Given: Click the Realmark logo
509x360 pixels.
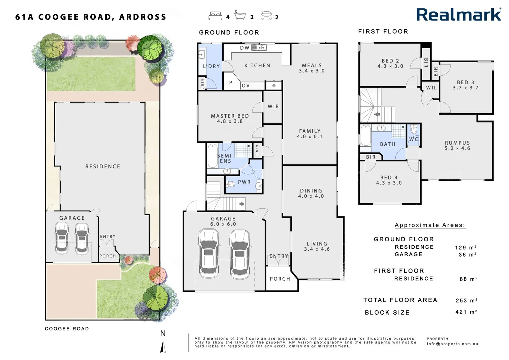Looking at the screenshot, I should coord(458,15).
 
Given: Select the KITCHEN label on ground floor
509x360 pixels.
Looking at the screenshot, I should coord(257,66).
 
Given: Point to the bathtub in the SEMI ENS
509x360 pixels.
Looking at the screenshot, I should coord(212,156).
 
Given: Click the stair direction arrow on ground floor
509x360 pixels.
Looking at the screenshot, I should coord(242,203).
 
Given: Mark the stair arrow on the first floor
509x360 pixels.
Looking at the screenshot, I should coord(377,114).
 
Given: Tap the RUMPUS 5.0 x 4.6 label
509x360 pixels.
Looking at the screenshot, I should coord(457,145).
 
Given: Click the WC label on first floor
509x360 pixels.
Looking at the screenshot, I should coord(413,139).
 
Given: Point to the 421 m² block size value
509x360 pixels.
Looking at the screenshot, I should coord(466,312).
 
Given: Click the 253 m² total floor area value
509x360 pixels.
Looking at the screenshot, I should coord(466,300).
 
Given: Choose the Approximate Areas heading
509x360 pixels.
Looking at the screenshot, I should coord(430,225).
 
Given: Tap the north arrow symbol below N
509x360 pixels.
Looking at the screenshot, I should coord(163,347).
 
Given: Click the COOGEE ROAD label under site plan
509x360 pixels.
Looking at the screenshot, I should coord(67,329).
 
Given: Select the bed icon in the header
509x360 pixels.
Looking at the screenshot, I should coord(215,15).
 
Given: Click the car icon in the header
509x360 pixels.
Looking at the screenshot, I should coord(266,15).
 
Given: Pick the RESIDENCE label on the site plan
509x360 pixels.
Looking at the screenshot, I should coord(103,166).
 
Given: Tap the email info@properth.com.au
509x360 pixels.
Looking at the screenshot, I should coord(452,344).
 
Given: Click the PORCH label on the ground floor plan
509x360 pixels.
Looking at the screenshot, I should coord(280,279).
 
